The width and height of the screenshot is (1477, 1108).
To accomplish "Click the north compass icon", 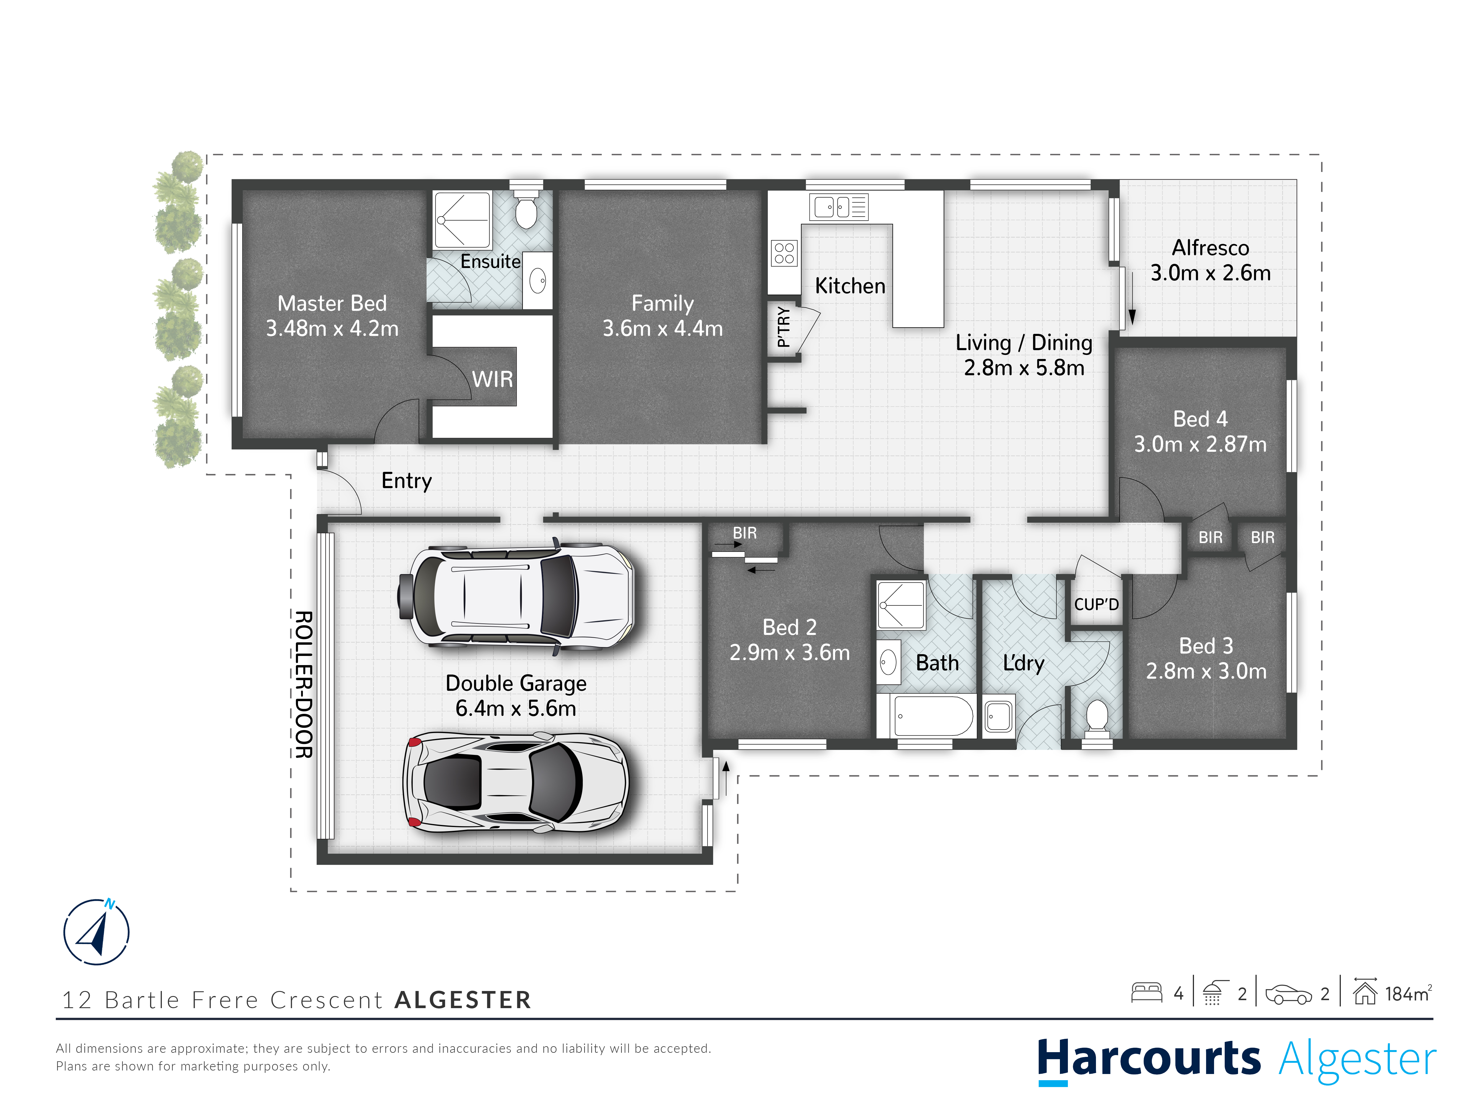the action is pos(96,932).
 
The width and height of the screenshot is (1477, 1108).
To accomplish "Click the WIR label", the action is pos(493,379).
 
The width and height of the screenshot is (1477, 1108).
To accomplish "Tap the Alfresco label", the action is pos(1210,248).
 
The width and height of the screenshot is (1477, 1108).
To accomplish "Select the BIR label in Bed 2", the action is pos(744,533).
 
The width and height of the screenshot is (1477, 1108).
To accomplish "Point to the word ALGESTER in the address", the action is pos(463,1000).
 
